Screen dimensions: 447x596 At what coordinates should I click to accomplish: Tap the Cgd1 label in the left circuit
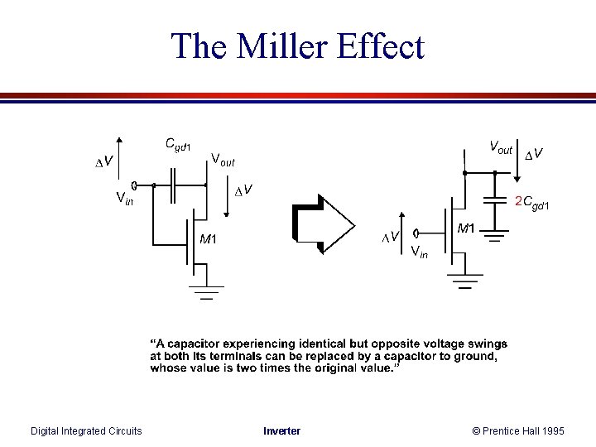(x=178, y=147)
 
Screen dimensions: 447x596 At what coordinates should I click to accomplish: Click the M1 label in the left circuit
(x=208, y=240)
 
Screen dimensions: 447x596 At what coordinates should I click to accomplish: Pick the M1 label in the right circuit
(x=467, y=228)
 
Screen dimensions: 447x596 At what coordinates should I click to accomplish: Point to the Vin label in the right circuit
(x=420, y=252)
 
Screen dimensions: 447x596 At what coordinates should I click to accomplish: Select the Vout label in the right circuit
(x=501, y=148)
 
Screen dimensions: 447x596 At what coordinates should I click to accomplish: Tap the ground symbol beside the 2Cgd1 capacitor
(x=496, y=237)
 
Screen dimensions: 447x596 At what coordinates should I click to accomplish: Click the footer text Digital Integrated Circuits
(x=86, y=430)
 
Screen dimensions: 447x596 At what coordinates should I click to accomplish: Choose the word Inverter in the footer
(x=282, y=430)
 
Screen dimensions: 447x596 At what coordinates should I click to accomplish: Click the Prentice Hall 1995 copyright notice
(x=518, y=430)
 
